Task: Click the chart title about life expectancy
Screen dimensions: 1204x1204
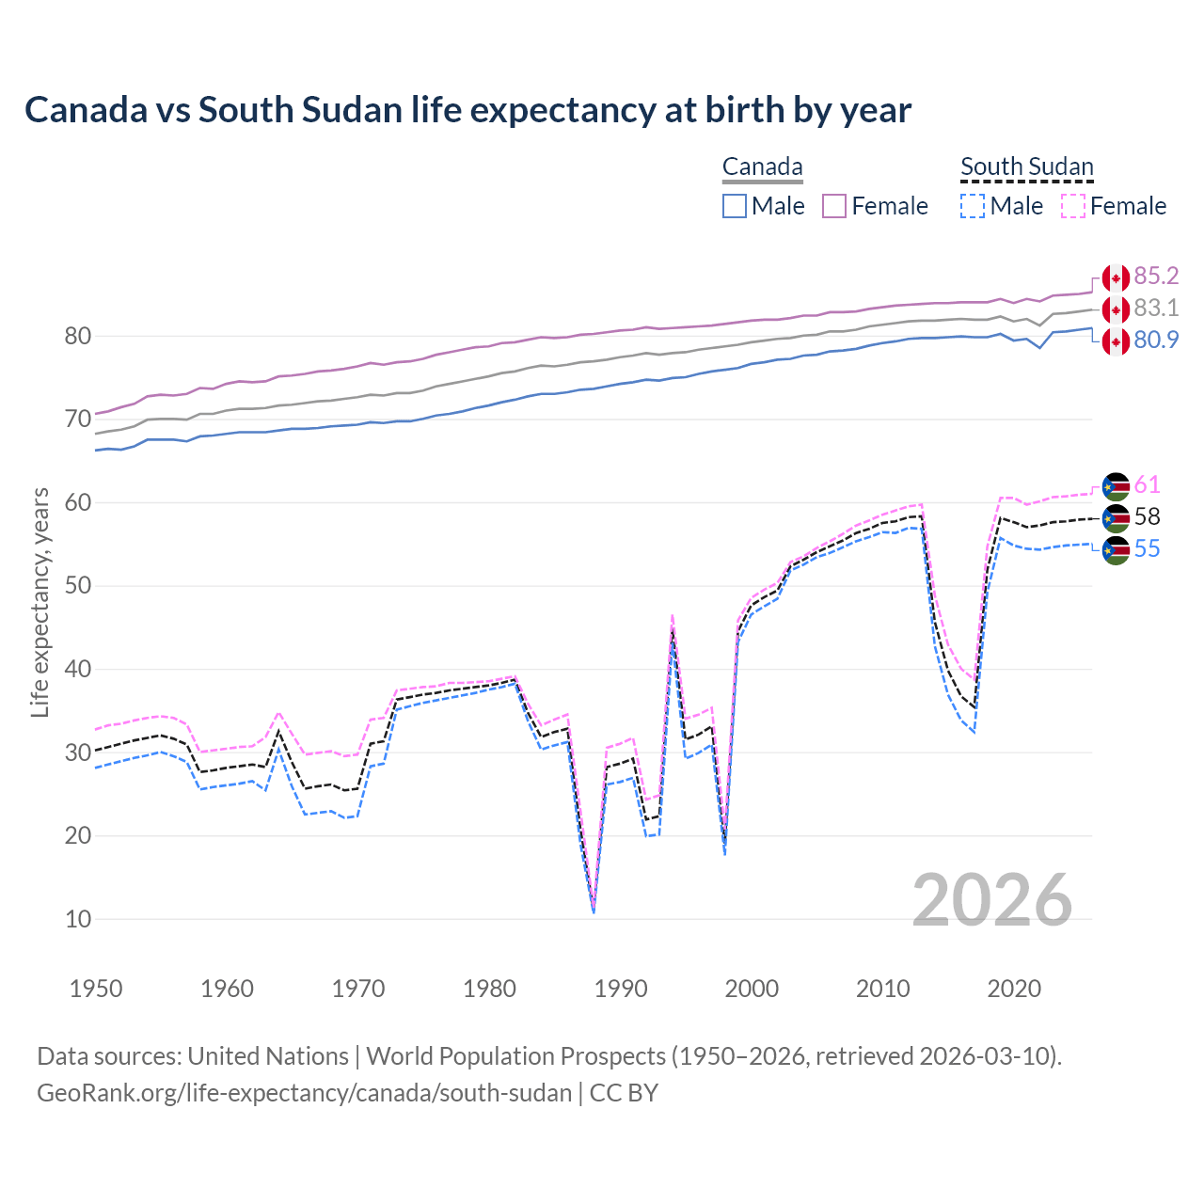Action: click(x=467, y=110)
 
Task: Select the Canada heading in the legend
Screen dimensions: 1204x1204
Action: click(x=762, y=167)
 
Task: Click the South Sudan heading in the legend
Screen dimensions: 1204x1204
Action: click(x=1026, y=167)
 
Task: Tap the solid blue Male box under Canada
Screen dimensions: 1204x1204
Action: click(x=735, y=206)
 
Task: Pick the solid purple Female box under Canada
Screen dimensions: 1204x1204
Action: click(x=834, y=206)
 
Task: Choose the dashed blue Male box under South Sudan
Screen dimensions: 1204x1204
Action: click(x=973, y=206)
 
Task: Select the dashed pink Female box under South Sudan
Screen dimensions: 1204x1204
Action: click(x=1073, y=206)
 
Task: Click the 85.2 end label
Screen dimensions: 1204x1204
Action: click(x=1156, y=276)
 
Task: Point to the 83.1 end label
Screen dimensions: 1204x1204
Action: click(x=1156, y=308)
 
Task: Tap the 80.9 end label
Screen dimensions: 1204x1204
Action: click(x=1156, y=340)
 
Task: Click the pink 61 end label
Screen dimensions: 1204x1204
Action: click(x=1147, y=484)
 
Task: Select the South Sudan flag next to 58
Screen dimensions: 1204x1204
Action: click(x=1116, y=517)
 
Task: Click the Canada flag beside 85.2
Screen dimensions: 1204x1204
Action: click(x=1116, y=277)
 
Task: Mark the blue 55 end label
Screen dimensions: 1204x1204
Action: click(x=1147, y=548)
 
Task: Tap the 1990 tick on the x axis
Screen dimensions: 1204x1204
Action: click(x=621, y=989)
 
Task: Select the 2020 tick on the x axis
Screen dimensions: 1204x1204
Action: click(x=1014, y=989)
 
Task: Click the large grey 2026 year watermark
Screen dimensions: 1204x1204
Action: click(x=991, y=900)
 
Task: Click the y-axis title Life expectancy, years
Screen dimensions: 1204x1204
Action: click(x=40, y=602)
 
